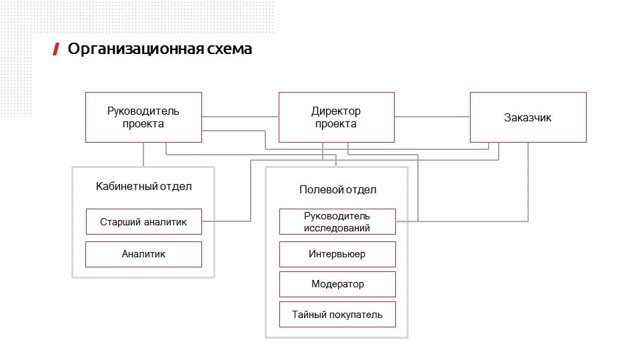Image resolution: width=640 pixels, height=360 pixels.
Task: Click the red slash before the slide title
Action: coord(56,49)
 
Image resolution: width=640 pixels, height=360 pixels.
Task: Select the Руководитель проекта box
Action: coord(143,117)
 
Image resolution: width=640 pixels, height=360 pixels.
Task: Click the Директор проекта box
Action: coord(336,117)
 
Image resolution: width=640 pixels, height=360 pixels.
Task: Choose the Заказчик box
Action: coord(528,117)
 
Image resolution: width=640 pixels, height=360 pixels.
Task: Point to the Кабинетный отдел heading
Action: coord(143,186)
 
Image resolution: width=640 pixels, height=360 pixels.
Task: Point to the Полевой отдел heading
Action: coord(337,189)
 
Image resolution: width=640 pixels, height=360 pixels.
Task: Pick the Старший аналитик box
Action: coord(143,221)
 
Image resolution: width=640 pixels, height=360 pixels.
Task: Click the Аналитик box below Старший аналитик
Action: coord(143,254)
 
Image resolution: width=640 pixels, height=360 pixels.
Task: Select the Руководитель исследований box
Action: coord(337,221)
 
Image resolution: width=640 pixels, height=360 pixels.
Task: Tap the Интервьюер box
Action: coord(337,254)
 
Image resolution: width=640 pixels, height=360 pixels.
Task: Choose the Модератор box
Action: coord(337,284)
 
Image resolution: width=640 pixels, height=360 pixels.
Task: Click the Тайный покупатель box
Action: coord(337,314)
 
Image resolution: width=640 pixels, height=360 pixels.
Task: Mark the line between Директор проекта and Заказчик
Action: coord(432,117)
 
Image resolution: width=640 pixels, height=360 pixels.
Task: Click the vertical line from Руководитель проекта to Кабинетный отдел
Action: coord(143,154)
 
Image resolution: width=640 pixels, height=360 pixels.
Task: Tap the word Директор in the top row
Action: coord(336,111)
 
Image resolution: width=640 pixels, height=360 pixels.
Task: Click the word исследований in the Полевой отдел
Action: coord(337,227)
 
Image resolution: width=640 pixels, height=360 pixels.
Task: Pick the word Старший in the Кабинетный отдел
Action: coord(121,221)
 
